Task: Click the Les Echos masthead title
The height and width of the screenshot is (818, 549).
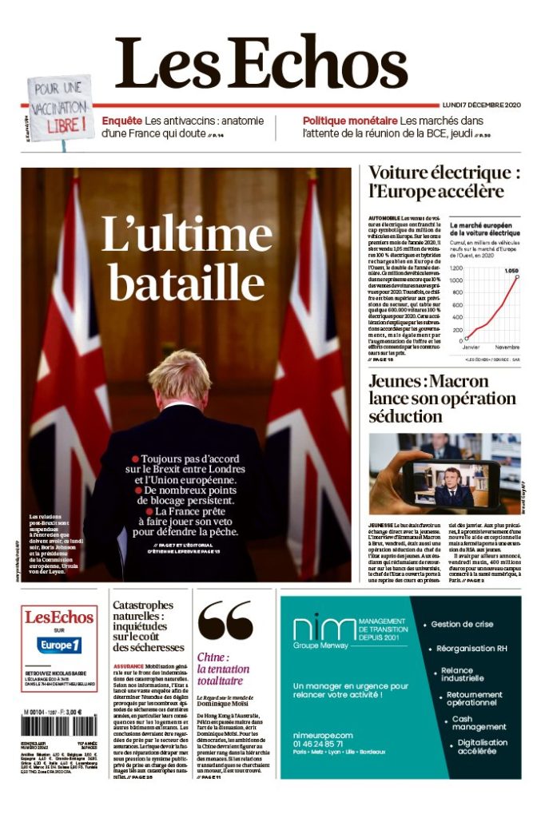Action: (x=262, y=63)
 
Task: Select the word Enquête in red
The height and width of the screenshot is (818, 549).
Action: (x=121, y=121)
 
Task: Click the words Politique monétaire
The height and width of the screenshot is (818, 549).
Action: (x=349, y=121)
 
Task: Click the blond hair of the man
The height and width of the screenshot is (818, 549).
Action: (x=180, y=375)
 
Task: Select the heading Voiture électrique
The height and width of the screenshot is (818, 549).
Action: (x=444, y=173)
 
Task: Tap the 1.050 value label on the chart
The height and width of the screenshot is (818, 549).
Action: (x=511, y=271)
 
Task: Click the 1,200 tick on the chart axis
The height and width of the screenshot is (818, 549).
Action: (x=456, y=269)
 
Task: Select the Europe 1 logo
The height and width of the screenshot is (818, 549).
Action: (x=60, y=645)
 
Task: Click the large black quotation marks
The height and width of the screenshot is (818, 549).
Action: (x=225, y=622)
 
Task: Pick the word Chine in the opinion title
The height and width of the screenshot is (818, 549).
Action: (x=212, y=657)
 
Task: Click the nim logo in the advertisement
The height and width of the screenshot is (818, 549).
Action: (x=324, y=629)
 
